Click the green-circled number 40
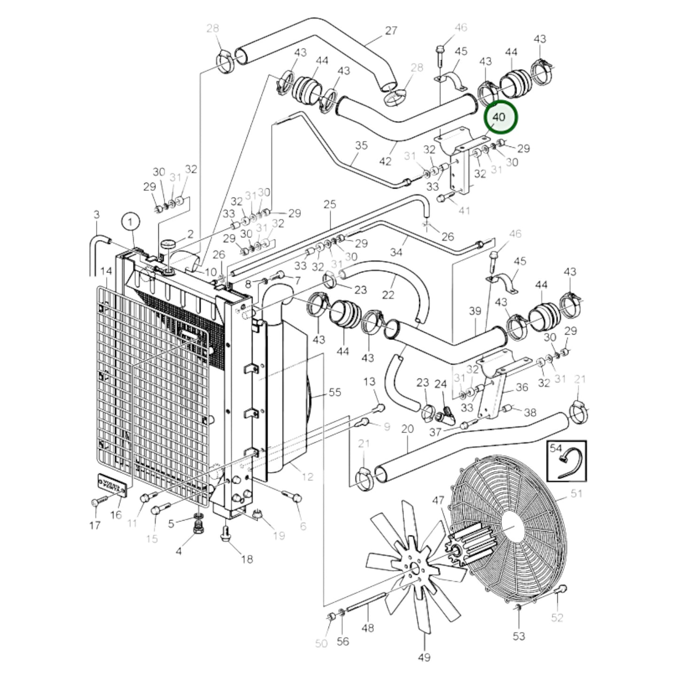pyautogui.click(x=500, y=117)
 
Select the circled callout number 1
pyautogui.click(x=132, y=221)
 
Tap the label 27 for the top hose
pyautogui.click(x=391, y=31)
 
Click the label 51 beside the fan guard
pyautogui.click(x=576, y=493)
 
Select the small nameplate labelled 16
pyautogui.click(x=112, y=484)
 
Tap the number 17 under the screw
pyautogui.click(x=94, y=525)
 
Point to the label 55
pyautogui.click(x=335, y=392)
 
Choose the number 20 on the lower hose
pyautogui.click(x=407, y=429)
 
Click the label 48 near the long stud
pyautogui.click(x=368, y=627)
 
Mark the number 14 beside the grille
pyautogui.click(x=106, y=271)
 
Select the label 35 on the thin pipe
pyautogui.click(x=361, y=145)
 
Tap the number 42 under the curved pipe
pyautogui.click(x=385, y=161)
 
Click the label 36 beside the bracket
pyautogui.click(x=522, y=387)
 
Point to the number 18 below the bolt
pyautogui.click(x=247, y=559)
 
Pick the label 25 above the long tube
pyautogui.click(x=330, y=204)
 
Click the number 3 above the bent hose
pyautogui.click(x=97, y=215)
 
